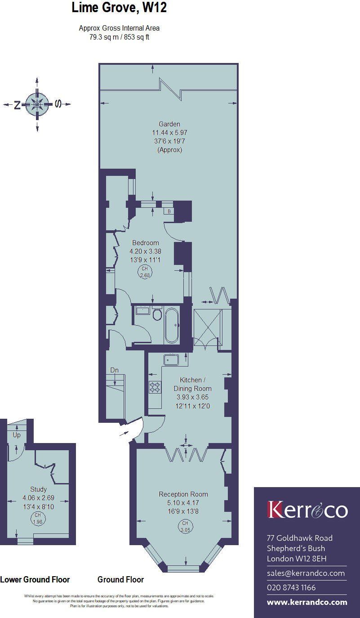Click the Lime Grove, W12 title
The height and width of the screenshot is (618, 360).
[x=119, y=8]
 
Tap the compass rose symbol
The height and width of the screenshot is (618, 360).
[x=37, y=104]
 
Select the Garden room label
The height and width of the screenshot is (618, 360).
[x=169, y=124]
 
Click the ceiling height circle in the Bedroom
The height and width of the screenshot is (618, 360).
[x=145, y=272]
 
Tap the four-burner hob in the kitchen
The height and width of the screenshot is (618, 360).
[x=155, y=387]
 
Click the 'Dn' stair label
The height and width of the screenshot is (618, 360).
[x=115, y=370]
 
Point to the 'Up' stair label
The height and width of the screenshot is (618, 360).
[x=17, y=435]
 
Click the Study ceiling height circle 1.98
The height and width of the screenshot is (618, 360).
[x=38, y=519]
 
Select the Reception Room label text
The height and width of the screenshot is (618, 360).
[x=183, y=494]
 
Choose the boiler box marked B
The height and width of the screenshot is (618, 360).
[x=169, y=211]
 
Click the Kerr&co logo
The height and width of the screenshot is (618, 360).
[x=307, y=510]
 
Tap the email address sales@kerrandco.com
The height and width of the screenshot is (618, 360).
[x=306, y=573]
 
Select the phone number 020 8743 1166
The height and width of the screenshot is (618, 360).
[x=291, y=587]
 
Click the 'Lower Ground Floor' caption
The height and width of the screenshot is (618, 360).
[x=35, y=579]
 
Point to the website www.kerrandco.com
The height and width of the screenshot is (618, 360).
[x=307, y=602]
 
